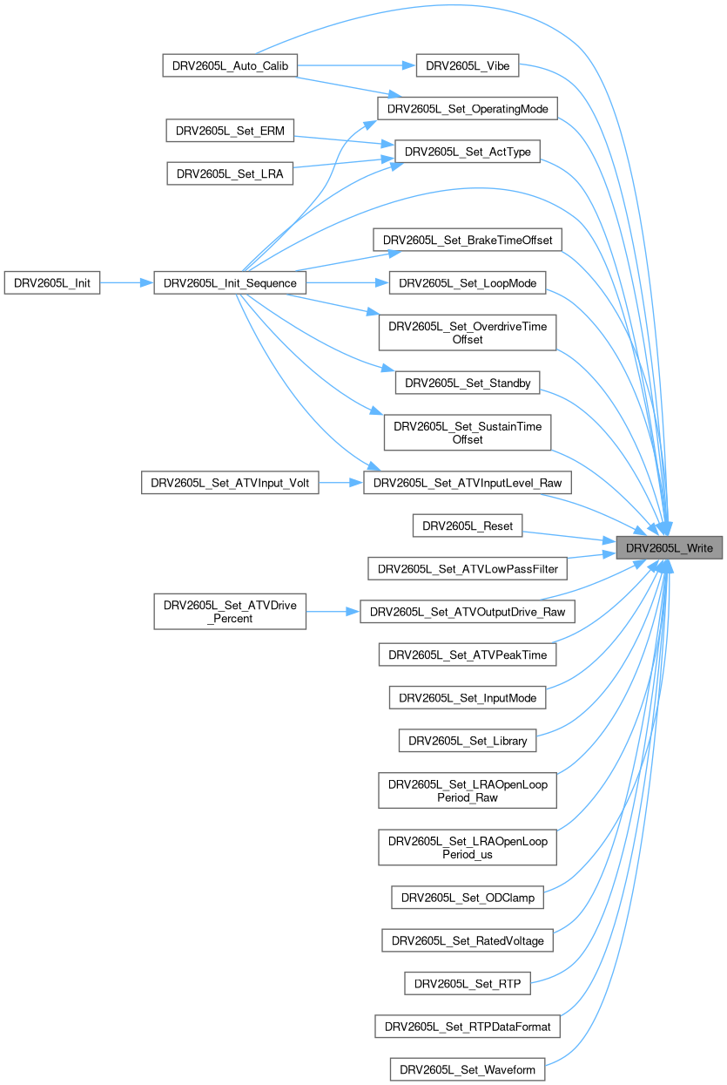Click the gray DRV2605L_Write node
670,547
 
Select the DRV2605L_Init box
52,282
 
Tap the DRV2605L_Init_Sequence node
230,282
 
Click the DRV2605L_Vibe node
468,65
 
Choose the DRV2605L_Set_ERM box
230,131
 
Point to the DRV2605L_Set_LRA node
230,173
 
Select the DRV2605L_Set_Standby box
468,382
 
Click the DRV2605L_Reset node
468,526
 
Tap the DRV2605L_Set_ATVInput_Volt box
230,481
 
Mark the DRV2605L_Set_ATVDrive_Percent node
230,611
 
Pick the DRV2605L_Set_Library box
468,741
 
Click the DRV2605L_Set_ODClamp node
468,896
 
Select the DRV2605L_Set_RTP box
468,983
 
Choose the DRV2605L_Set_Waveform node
468,1068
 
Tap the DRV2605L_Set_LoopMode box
468,282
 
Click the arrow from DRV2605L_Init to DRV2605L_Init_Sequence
126,282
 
